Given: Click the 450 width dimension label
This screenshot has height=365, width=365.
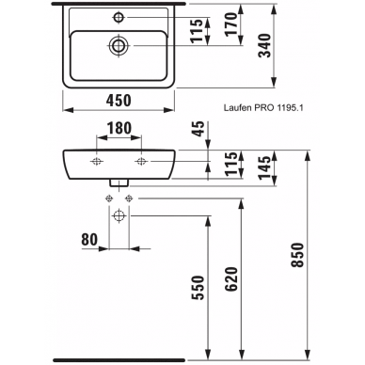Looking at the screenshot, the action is (119, 101).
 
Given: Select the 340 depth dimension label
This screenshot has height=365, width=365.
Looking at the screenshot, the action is (264, 45).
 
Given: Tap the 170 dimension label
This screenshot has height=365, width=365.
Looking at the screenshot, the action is (231, 24).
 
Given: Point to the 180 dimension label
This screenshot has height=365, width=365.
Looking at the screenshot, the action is (119, 128).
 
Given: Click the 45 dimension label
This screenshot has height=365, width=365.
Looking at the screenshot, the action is (198, 129).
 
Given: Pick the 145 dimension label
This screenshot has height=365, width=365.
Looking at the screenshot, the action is (264, 167).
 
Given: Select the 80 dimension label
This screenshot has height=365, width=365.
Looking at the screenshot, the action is (89, 240).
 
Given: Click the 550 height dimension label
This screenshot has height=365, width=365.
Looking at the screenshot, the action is (198, 288).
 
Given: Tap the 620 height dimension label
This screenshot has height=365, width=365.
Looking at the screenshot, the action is (231, 279).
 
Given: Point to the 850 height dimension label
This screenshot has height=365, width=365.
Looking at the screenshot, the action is (298, 255).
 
